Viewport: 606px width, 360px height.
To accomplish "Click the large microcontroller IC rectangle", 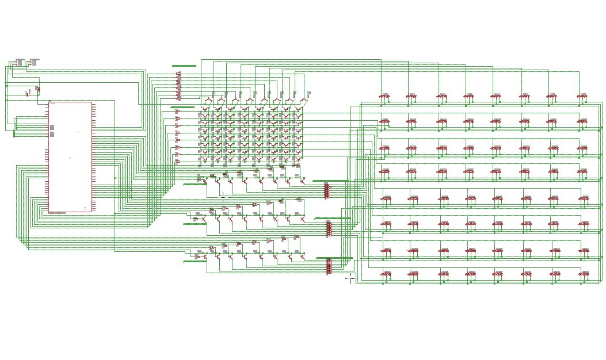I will pyautogui.click(x=70, y=156).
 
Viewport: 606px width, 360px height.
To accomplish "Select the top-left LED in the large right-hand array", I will pyautogui.click(x=384, y=97).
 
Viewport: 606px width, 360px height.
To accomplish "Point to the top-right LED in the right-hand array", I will pyautogui.click(x=582, y=97).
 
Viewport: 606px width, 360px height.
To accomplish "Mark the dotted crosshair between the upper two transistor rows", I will pyautogui.click(x=223, y=195).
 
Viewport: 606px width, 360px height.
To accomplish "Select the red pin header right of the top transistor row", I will pyautogui.click(x=327, y=190).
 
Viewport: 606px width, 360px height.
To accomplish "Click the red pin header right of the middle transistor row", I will pyautogui.click(x=329, y=228).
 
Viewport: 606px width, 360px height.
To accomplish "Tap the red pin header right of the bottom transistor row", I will pyautogui.click(x=329, y=266).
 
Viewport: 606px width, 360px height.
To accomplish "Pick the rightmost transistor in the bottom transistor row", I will pyautogui.click(x=303, y=256).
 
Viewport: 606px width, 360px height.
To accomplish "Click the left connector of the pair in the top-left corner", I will pyautogui.click(x=19, y=61).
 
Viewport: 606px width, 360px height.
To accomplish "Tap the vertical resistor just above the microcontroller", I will pyautogui.click(x=37, y=89).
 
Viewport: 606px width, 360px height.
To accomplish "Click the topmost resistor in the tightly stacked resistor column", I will pyautogui.click(x=178, y=74).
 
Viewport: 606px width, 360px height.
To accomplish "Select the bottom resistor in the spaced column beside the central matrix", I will pyautogui.click(x=178, y=162).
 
